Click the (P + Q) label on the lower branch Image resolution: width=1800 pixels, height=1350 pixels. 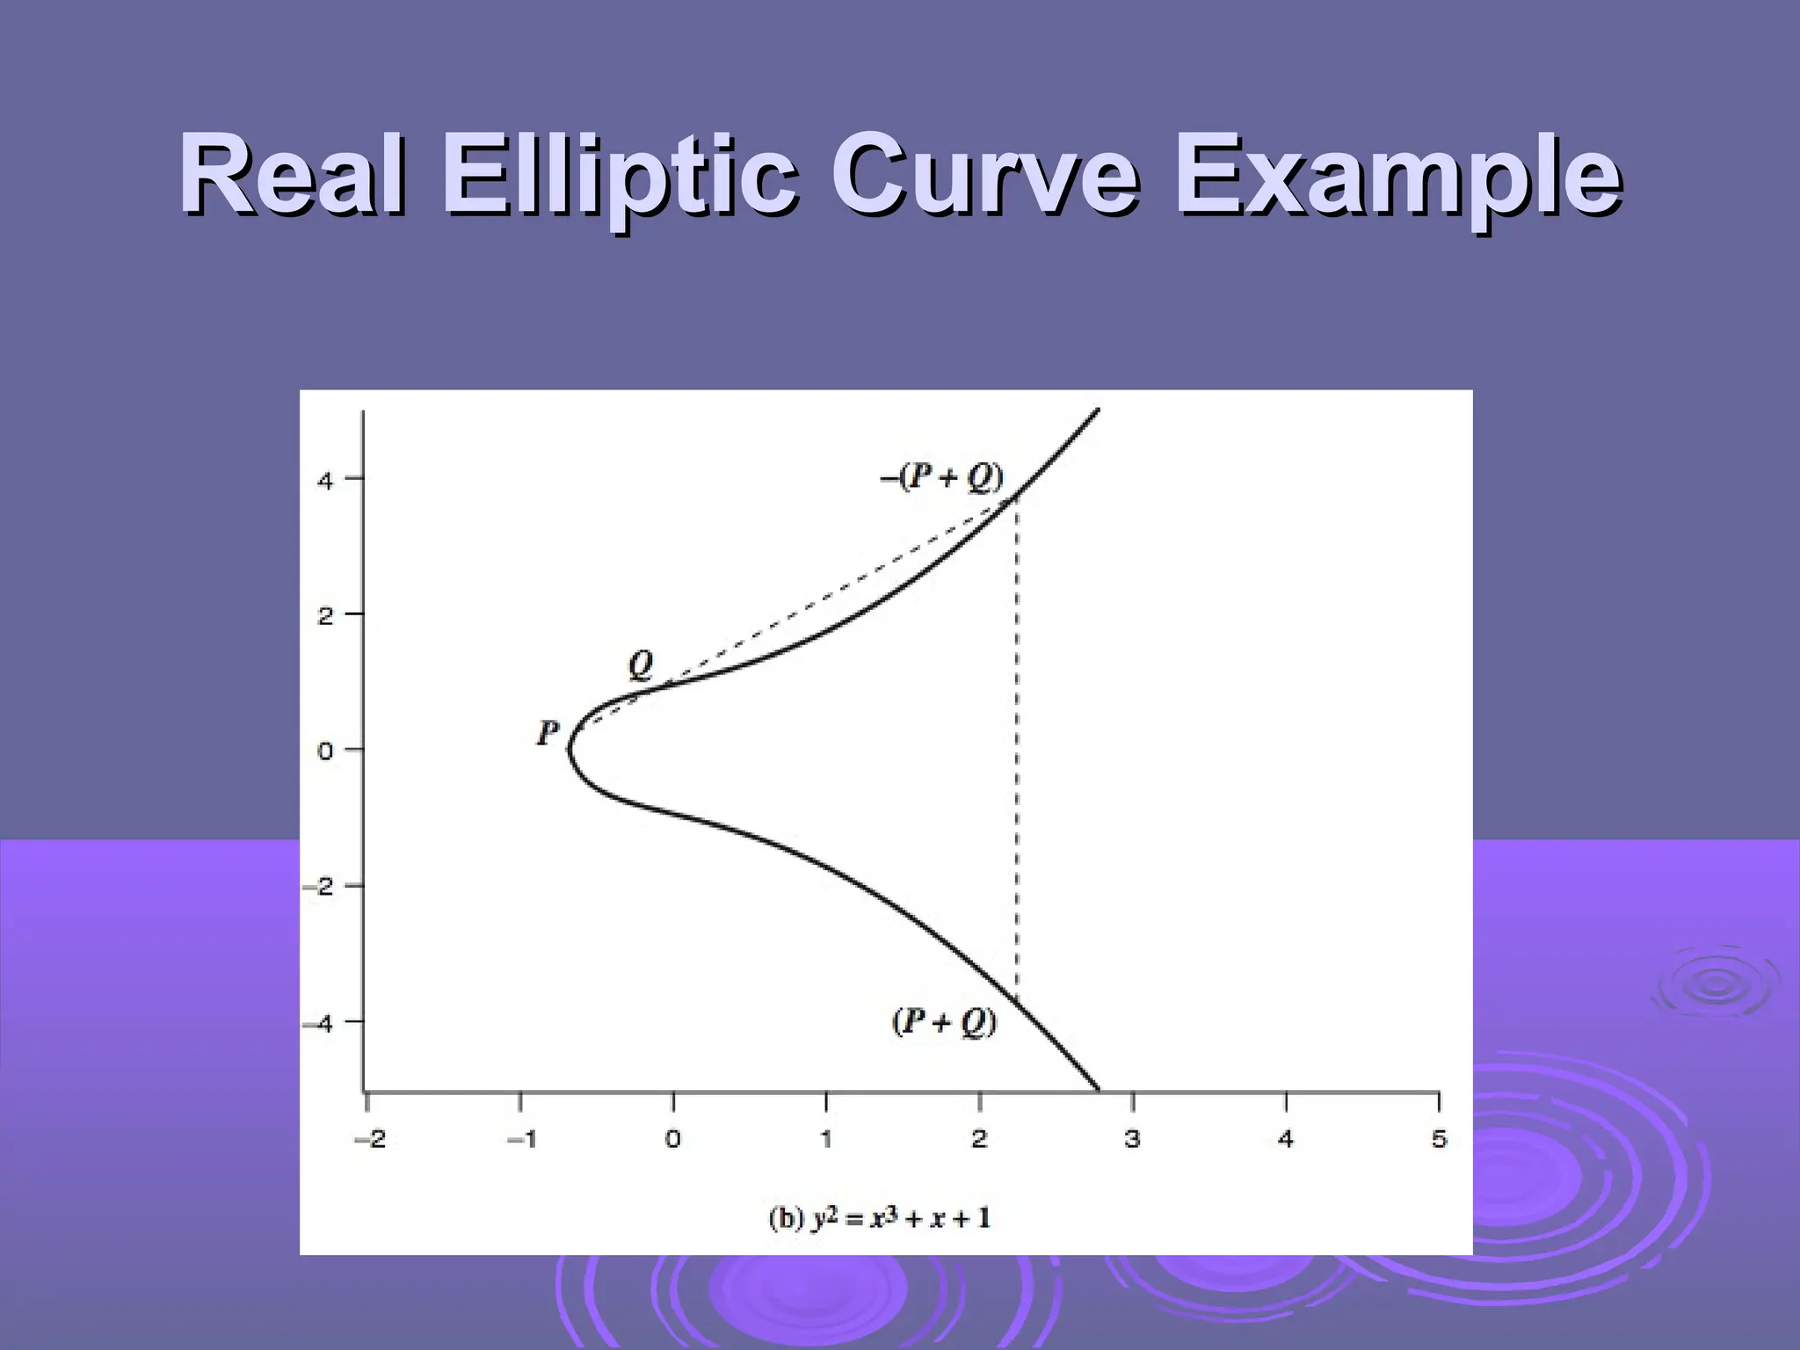945,1022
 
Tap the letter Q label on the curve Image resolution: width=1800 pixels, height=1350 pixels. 641,665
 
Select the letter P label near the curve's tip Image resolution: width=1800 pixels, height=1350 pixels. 548,733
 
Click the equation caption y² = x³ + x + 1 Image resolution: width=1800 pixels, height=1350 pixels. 879,1219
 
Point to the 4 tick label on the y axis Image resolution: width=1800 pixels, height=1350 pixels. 326,481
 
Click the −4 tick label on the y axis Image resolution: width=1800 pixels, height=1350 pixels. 319,1023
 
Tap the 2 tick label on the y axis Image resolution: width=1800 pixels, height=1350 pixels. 326,616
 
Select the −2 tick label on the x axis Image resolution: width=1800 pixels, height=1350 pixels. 369,1140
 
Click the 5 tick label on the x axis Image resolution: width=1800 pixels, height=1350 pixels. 1439,1140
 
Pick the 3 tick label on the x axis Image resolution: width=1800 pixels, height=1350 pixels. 1133,1140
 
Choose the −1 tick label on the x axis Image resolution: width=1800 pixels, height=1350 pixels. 521,1140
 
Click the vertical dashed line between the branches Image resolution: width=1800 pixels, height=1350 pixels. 1017,747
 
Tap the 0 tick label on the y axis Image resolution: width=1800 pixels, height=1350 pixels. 326,752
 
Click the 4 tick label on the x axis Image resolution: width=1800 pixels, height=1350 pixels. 1286,1140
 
